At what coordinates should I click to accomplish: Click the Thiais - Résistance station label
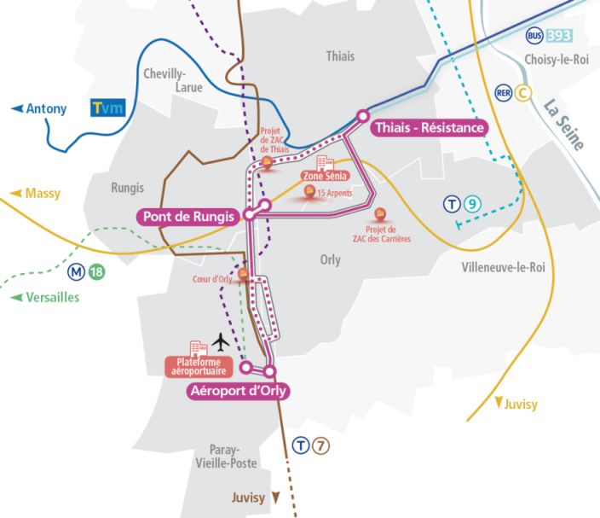click(x=429, y=128)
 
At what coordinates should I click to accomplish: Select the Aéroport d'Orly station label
click(x=238, y=392)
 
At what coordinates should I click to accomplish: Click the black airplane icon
click(x=221, y=342)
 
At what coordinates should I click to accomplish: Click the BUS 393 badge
click(x=549, y=36)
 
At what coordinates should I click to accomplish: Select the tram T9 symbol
click(x=464, y=204)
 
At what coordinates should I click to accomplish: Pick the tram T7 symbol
click(x=310, y=445)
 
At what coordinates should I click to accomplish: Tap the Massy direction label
click(x=37, y=194)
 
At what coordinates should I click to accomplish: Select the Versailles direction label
click(x=45, y=297)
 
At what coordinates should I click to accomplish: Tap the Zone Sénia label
click(x=321, y=175)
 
